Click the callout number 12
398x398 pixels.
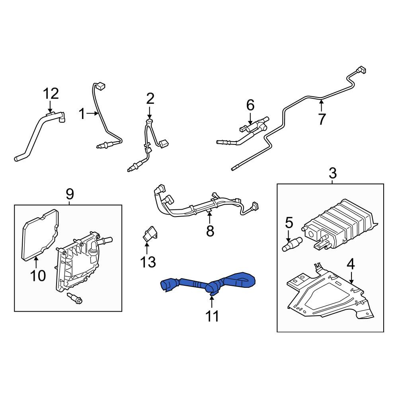tap(51, 94)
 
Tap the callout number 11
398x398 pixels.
tap(212, 316)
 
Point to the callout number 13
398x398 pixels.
tap(148, 262)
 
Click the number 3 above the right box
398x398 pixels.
tap(332, 173)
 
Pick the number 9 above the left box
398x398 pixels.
tap(70, 194)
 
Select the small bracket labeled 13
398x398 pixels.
tap(149, 233)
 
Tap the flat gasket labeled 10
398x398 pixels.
tap(41, 235)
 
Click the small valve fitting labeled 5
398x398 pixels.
tap(292, 244)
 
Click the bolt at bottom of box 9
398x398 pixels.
tap(75, 298)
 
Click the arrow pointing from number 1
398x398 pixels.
tap(92, 114)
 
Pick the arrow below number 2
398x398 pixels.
tap(150, 113)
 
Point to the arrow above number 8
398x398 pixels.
tap(209, 218)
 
